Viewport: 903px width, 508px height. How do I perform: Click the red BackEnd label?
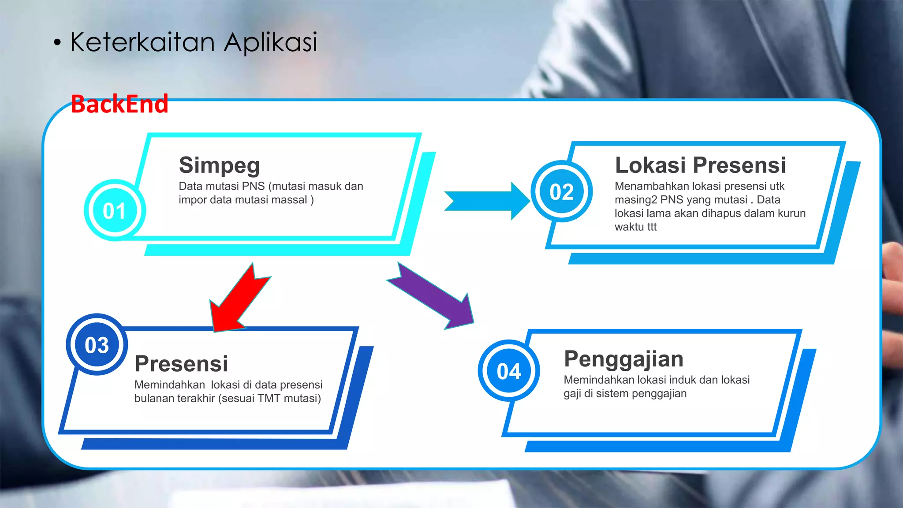(119, 105)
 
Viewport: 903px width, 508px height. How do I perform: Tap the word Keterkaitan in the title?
(142, 42)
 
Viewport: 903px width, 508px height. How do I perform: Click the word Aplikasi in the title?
(270, 43)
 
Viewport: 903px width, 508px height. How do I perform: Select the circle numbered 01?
(115, 210)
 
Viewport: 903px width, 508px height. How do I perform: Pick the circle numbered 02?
(561, 192)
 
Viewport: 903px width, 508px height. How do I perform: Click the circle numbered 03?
(97, 345)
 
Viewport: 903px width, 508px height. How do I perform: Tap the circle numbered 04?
(509, 371)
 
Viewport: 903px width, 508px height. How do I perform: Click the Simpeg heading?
(219, 165)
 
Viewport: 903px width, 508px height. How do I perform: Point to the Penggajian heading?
(623, 359)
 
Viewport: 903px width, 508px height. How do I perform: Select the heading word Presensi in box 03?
(181, 364)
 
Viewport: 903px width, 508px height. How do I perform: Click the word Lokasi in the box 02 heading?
(650, 165)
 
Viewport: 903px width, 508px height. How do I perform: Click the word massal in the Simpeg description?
(289, 200)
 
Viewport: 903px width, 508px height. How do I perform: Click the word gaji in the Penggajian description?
(572, 393)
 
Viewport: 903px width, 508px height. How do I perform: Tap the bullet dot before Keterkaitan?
(57, 43)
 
